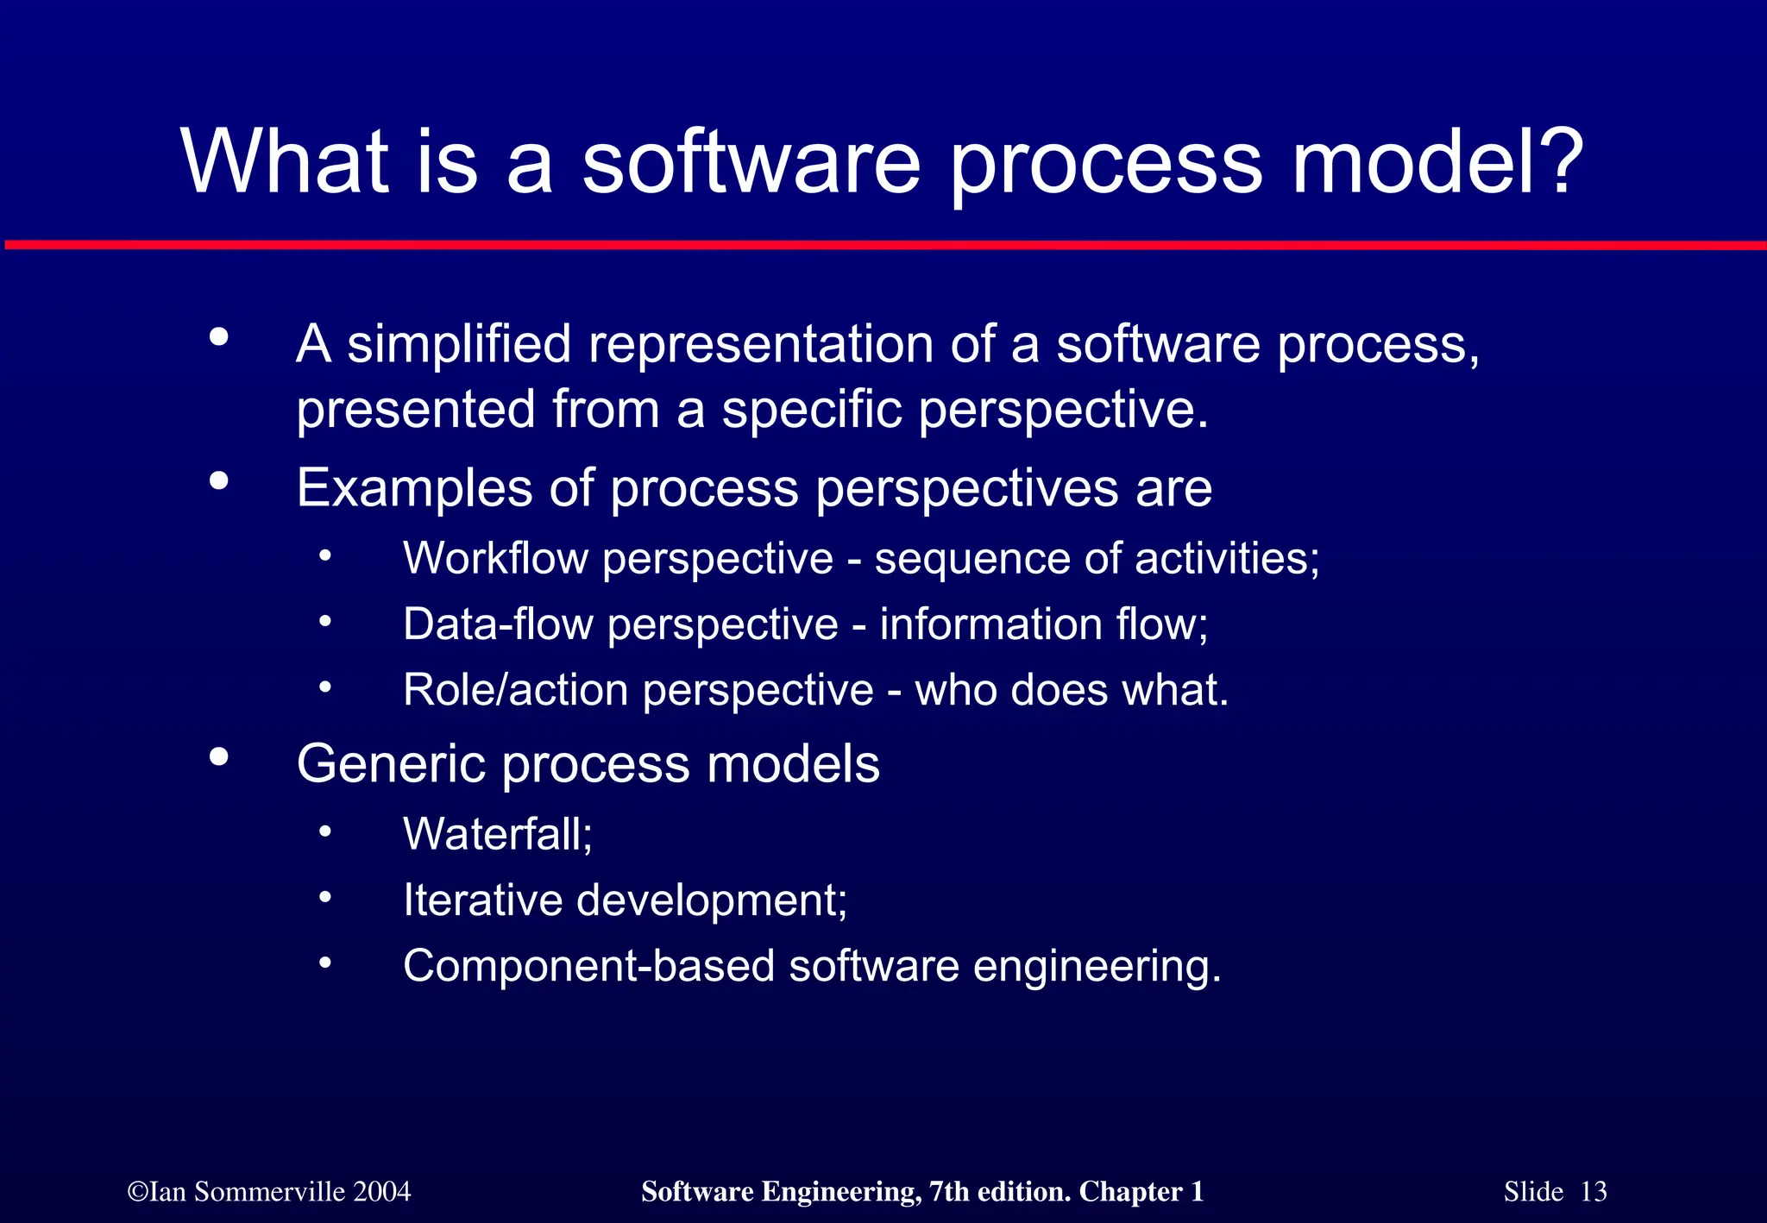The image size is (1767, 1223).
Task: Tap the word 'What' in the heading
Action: (286, 162)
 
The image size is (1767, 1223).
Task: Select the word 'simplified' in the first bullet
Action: (459, 345)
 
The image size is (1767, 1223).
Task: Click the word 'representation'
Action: (761, 345)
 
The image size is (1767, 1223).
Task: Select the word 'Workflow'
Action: (496, 559)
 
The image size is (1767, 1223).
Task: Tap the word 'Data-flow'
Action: (498, 624)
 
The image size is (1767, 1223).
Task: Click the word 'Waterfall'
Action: (495, 835)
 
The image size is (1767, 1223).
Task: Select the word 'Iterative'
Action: (482, 900)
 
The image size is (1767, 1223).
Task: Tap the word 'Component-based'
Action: (588, 966)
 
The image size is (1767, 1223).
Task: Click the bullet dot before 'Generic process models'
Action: (219, 757)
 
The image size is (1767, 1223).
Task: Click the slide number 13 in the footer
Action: (1594, 1192)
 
